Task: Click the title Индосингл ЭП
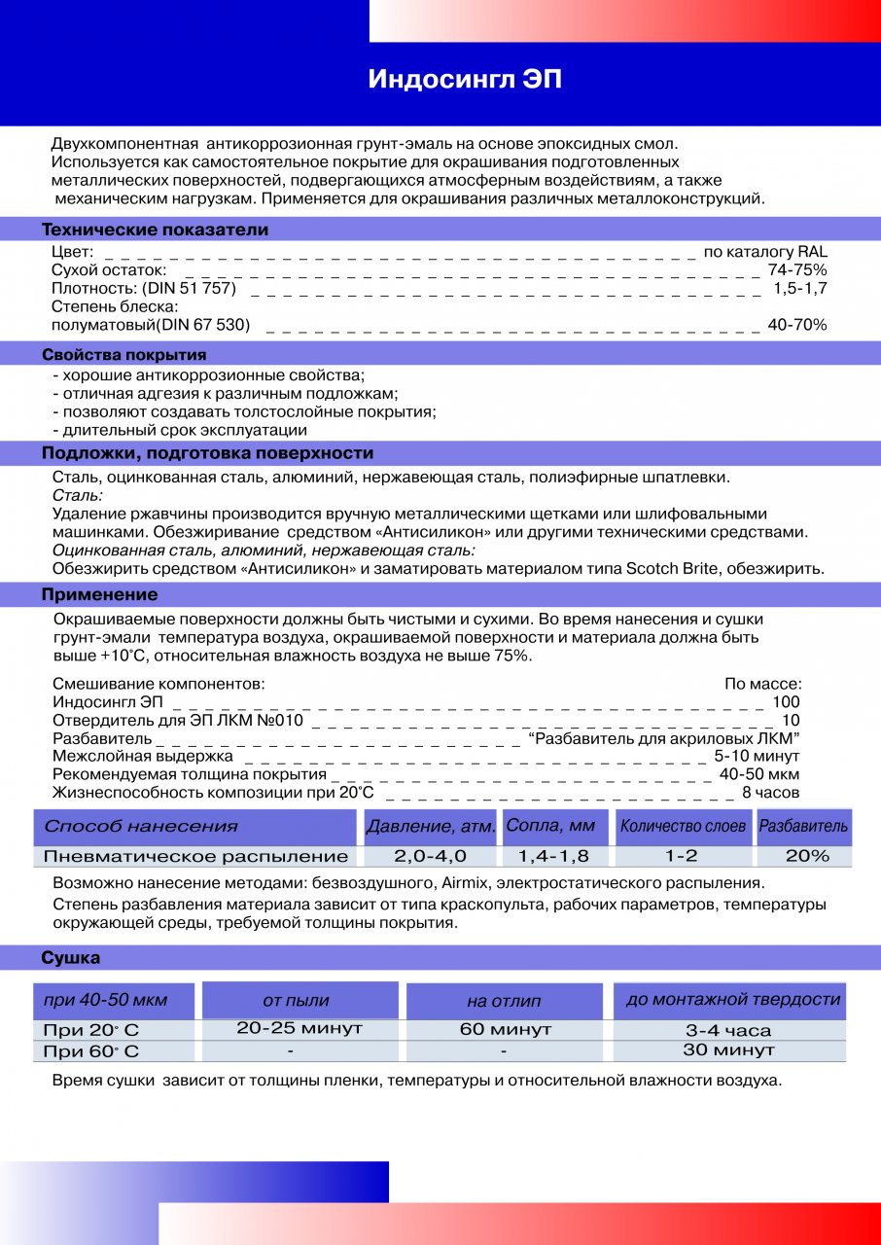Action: click(465, 80)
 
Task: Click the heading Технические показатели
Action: click(155, 231)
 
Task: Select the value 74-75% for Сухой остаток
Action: click(796, 269)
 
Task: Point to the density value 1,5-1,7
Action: click(799, 288)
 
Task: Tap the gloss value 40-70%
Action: click(796, 325)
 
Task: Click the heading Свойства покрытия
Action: click(123, 355)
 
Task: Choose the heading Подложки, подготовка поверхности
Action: click(207, 454)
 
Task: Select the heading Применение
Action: click(99, 595)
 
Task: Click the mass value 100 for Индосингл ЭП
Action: click(786, 702)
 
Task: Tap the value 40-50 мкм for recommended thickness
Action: click(759, 774)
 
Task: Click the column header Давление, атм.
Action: click(431, 828)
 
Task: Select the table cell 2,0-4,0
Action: click(430, 857)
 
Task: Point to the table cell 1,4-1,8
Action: click(553, 857)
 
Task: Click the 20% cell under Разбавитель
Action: click(806, 856)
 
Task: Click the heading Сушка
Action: click(70, 959)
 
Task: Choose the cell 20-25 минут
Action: click(300, 1028)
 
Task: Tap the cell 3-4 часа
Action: click(728, 1030)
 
